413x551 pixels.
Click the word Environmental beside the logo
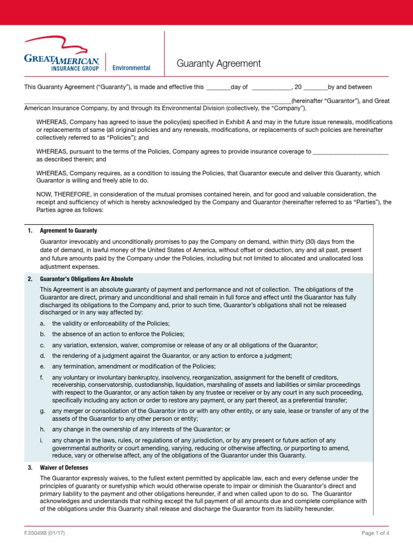coord(131,68)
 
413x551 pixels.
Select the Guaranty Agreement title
coord(219,64)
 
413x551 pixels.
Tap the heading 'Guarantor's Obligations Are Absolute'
coord(87,279)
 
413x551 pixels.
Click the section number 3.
coord(30,468)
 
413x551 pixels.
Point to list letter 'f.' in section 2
coord(42,378)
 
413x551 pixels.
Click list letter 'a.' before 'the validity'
coord(42,323)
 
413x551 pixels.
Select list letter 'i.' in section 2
coord(42,440)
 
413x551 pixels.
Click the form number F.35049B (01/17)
coord(46,533)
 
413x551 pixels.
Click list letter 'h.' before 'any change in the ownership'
coord(42,429)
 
